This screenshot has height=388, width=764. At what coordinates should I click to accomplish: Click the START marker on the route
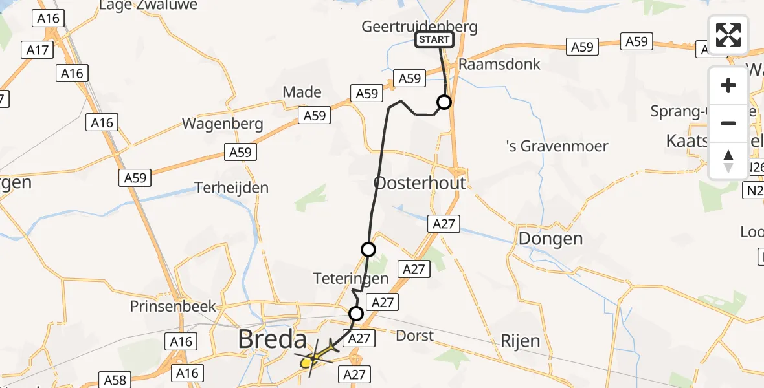pyautogui.click(x=434, y=40)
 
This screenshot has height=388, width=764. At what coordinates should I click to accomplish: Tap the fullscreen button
pyautogui.click(x=728, y=35)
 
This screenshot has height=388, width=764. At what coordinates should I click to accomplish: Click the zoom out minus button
pyautogui.click(x=728, y=123)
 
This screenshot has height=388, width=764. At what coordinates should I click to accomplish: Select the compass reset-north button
pyautogui.click(x=728, y=161)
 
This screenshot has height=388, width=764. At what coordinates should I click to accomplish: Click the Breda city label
pyautogui.click(x=271, y=339)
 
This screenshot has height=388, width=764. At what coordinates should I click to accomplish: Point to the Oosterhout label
pyautogui.click(x=420, y=183)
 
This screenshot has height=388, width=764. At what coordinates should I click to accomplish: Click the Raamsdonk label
pyautogui.click(x=499, y=65)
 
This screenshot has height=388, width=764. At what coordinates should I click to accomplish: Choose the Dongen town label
pyautogui.click(x=550, y=239)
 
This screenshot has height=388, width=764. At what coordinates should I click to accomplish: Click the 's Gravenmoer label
pyautogui.click(x=557, y=146)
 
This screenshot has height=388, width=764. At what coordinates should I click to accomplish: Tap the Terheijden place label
pyautogui.click(x=232, y=188)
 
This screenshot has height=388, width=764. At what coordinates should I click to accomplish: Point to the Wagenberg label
pyautogui.click(x=223, y=124)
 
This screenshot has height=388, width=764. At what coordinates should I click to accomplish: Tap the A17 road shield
pyautogui.click(x=38, y=49)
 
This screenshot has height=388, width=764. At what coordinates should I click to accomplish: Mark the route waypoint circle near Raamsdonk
pyautogui.click(x=444, y=102)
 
